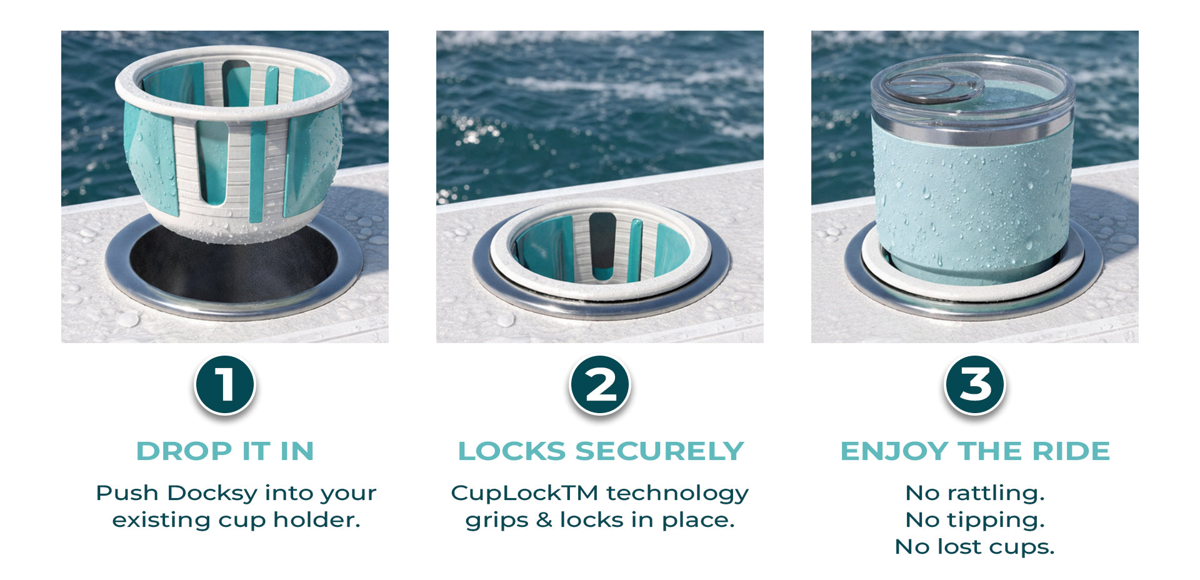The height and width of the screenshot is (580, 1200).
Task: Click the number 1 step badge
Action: point(225,385)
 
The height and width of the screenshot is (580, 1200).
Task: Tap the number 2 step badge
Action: point(600,385)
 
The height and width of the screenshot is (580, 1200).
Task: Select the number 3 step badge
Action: point(975,385)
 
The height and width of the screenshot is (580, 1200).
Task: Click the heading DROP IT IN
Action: point(225,451)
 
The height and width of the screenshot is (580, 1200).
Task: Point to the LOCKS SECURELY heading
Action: point(601,451)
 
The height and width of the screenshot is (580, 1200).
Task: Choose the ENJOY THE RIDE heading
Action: point(975,451)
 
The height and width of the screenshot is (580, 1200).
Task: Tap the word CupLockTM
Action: point(525,494)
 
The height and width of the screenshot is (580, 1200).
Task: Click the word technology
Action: point(677,494)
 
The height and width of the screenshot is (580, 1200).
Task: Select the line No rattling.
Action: point(975,493)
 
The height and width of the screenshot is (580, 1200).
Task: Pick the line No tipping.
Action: point(975,520)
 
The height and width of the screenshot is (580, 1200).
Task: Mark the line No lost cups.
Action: point(975,547)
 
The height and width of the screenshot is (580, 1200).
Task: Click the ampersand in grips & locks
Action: point(544,520)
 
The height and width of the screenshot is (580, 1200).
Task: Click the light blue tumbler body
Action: point(972,200)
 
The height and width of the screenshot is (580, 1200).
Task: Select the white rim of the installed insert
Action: point(600,287)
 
